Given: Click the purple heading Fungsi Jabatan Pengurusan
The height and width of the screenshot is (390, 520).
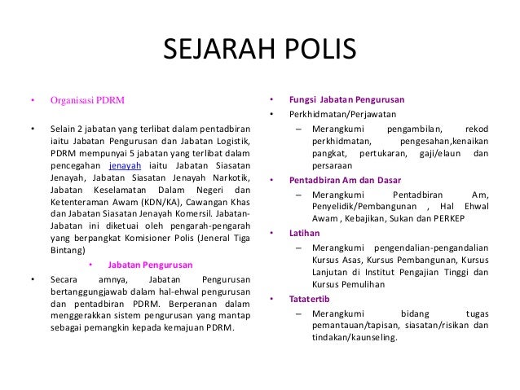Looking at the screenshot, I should tap(347, 101).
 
